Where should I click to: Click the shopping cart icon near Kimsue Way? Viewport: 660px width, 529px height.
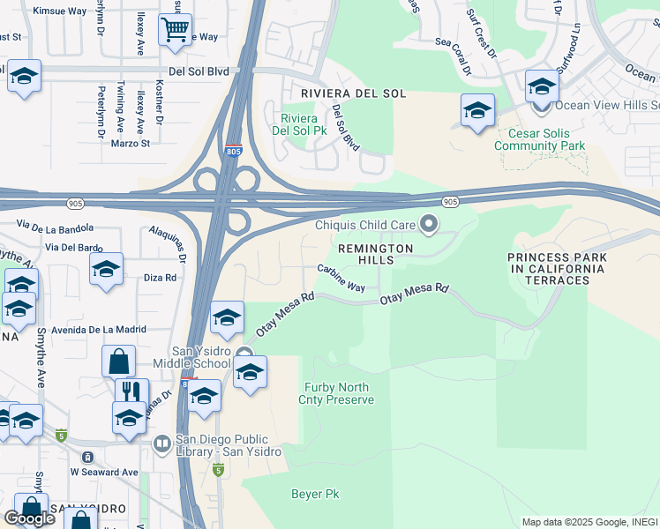[x=175, y=30]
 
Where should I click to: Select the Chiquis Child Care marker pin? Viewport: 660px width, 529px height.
[x=429, y=225]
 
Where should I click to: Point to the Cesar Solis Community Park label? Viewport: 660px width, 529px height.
[x=541, y=139]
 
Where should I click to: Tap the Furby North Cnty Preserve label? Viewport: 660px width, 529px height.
[x=339, y=393]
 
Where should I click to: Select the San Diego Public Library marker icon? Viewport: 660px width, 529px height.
[x=162, y=443]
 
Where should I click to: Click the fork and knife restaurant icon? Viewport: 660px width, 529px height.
[x=131, y=391]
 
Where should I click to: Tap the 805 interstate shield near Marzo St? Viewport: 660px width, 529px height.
[x=233, y=151]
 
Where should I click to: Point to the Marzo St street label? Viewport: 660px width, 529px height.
[x=131, y=143]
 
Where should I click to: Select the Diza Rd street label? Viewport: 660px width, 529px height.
[x=160, y=277]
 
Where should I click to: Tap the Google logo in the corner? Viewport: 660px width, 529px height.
[x=29, y=518]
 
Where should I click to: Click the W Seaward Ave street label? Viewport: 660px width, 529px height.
[x=104, y=472]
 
